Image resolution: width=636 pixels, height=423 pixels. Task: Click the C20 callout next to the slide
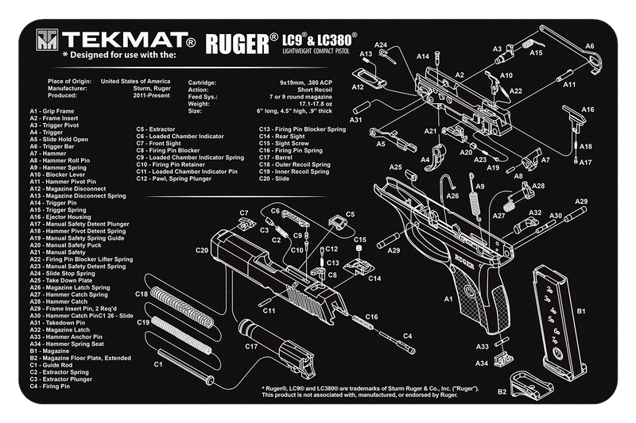[202, 251]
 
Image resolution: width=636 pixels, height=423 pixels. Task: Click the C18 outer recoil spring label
[142, 294]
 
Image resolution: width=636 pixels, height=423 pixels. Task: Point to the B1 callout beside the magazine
[580, 311]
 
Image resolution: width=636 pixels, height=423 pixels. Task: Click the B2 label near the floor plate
[502, 391]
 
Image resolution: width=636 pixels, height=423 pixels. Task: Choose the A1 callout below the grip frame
[448, 298]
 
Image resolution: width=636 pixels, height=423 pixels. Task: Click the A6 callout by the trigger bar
[590, 47]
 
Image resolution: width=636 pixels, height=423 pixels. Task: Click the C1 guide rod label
[158, 363]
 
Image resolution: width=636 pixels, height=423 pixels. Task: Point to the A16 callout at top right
[588, 110]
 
